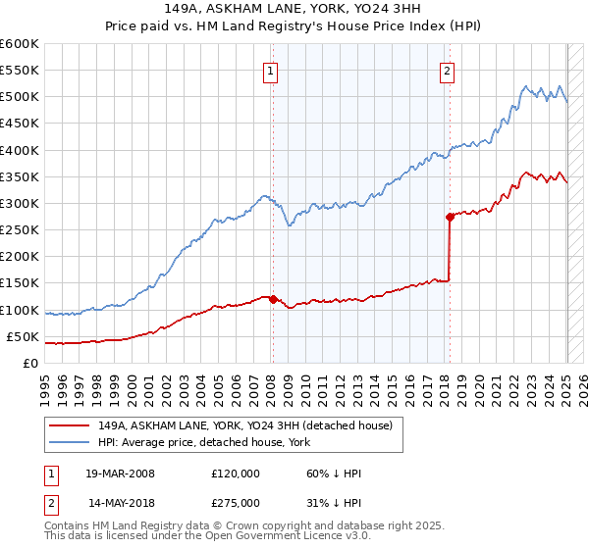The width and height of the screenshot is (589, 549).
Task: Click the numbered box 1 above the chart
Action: tap(270, 70)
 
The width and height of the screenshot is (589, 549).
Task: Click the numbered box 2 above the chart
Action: tap(447, 70)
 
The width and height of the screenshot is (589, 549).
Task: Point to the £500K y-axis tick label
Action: tap(19, 97)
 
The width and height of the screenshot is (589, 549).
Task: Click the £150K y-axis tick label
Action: tap(19, 283)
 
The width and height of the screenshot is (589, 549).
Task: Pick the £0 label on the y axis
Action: tap(28, 363)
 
